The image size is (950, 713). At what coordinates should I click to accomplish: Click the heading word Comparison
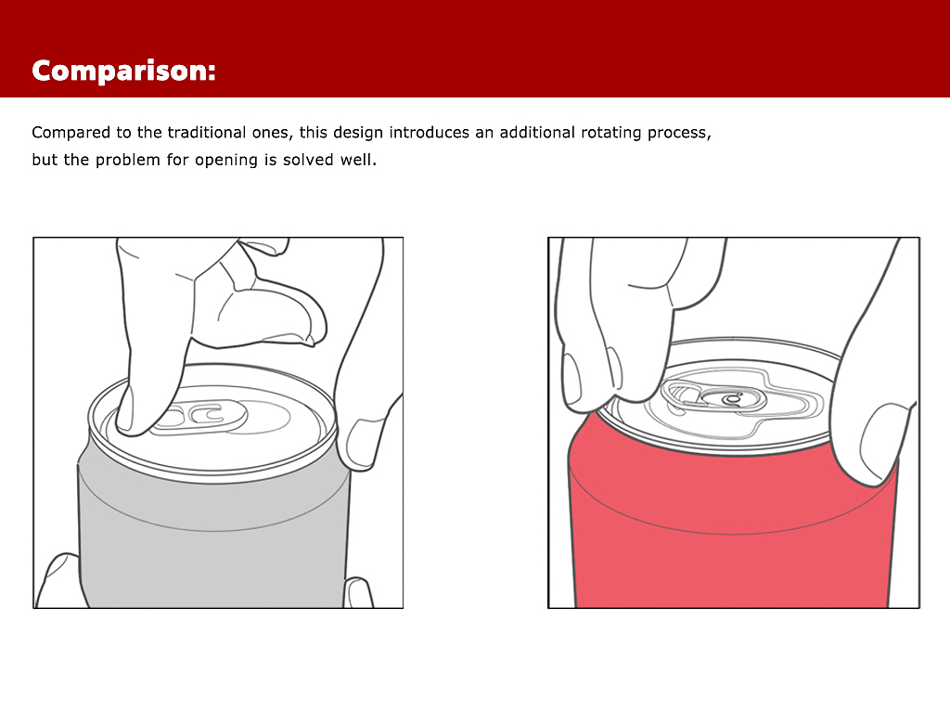(123, 71)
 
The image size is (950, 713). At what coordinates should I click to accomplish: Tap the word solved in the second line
(308, 160)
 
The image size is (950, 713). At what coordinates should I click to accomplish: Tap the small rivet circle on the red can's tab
(733, 399)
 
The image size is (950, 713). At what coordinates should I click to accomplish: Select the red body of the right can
(733, 534)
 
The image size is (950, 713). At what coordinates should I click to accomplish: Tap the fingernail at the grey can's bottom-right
(357, 593)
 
